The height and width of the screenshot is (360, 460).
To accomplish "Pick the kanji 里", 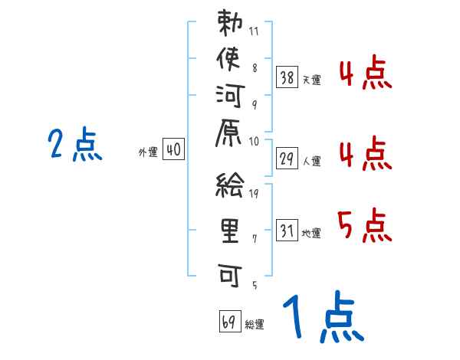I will pyautogui.click(x=230, y=229).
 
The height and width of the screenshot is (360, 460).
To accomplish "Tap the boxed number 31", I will pyautogui.click(x=287, y=229).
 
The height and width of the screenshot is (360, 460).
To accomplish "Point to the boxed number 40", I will pyautogui.click(x=173, y=150).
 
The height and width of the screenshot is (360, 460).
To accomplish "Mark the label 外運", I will pyautogui.click(x=148, y=152).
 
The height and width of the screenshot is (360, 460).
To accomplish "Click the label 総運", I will pyautogui.click(x=255, y=325).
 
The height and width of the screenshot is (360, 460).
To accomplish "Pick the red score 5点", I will pyautogui.click(x=365, y=226).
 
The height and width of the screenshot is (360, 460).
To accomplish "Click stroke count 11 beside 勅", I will pyautogui.click(x=255, y=33).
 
